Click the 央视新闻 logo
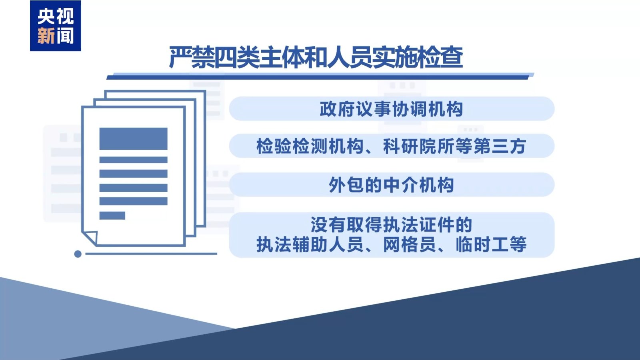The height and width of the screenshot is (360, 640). coord(55,26)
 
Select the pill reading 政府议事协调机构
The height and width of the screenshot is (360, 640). coord(391,109)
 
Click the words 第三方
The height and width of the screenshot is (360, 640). coord(500,146)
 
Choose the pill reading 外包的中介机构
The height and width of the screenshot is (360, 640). coord(391,185)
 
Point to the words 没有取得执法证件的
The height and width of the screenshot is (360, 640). coord(391,225)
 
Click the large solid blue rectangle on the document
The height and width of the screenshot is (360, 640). coord(133,139)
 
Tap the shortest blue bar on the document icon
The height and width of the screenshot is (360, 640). coord(112,216)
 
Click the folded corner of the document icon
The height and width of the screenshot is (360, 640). coord(90,237)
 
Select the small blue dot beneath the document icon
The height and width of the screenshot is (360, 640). coord(78,254)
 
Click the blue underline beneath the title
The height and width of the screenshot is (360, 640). coord(320,76)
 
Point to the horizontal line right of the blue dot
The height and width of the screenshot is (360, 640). coord(151,254)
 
